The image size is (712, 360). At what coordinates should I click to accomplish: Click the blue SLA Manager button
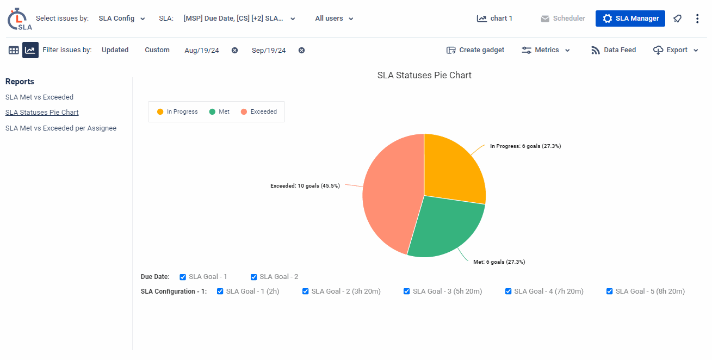(x=630, y=18)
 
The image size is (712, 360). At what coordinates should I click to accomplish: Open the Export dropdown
(x=676, y=50)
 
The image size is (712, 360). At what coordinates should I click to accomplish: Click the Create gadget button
(x=475, y=50)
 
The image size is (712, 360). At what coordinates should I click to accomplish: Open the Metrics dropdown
(x=546, y=50)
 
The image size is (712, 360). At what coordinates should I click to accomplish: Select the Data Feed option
(x=614, y=50)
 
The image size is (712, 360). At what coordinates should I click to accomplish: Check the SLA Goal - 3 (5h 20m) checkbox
(x=407, y=291)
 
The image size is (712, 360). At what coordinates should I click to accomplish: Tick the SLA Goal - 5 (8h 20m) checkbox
(x=610, y=291)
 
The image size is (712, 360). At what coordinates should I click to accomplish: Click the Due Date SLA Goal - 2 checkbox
(x=253, y=277)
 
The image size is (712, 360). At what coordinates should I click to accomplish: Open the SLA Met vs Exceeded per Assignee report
(x=61, y=128)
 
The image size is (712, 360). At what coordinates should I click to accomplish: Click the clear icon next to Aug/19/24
(x=234, y=51)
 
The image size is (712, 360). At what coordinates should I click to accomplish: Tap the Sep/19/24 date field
(x=269, y=51)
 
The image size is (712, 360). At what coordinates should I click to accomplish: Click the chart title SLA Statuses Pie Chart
(x=424, y=76)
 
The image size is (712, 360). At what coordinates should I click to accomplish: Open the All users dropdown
(x=334, y=18)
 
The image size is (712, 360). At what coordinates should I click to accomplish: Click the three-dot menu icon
(x=697, y=18)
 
